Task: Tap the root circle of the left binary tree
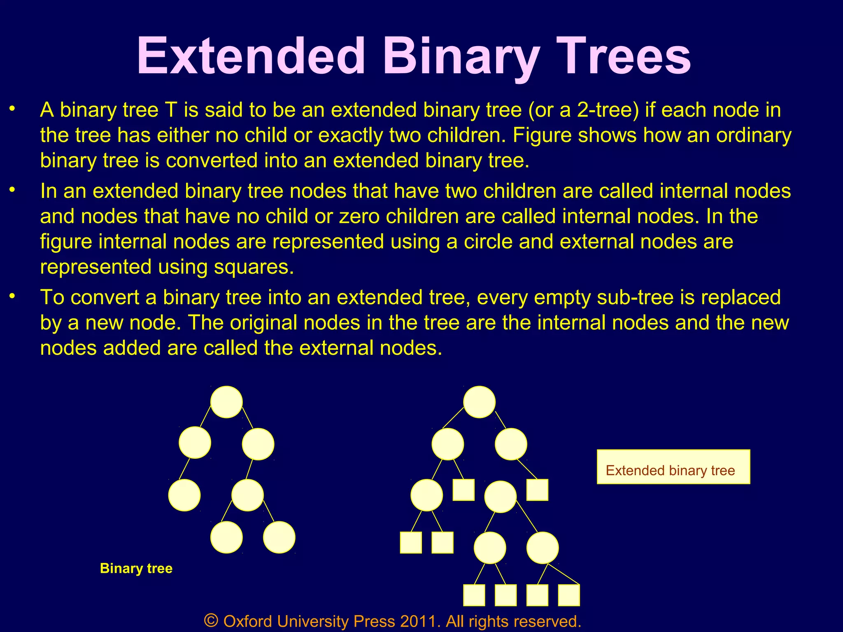pyautogui.click(x=226, y=402)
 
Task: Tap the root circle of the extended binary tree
pyautogui.click(x=479, y=402)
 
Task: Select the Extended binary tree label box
pyautogui.click(x=673, y=467)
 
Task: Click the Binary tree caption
pyautogui.click(x=136, y=568)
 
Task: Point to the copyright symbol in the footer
pyautogui.click(x=211, y=620)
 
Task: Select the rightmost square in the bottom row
pyautogui.click(x=569, y=595)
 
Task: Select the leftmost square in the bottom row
pyautogui.click(x=474, y=595)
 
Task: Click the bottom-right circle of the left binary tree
pyautogui.click(x=279, y=537)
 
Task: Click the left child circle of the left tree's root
pyautogui.click(x=195, y=443)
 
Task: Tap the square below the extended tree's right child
pyautogui.click(x=537, y=490)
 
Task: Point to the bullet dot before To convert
pyautogui.click(x=12, y=296)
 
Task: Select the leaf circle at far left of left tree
pyautogui.click(x=184, y=495)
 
